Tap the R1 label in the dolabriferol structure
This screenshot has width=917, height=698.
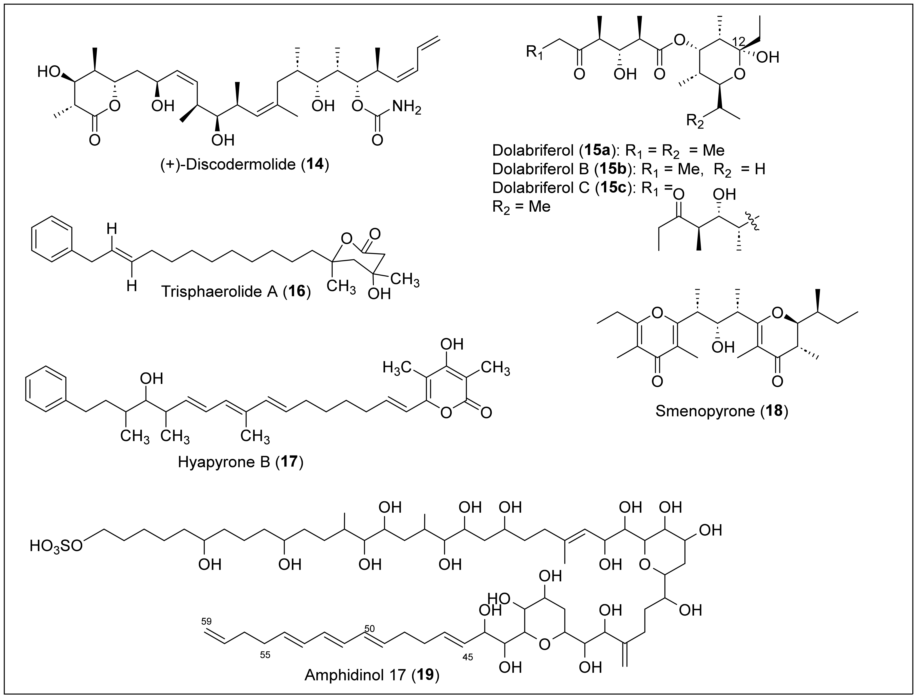pos(535,53)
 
